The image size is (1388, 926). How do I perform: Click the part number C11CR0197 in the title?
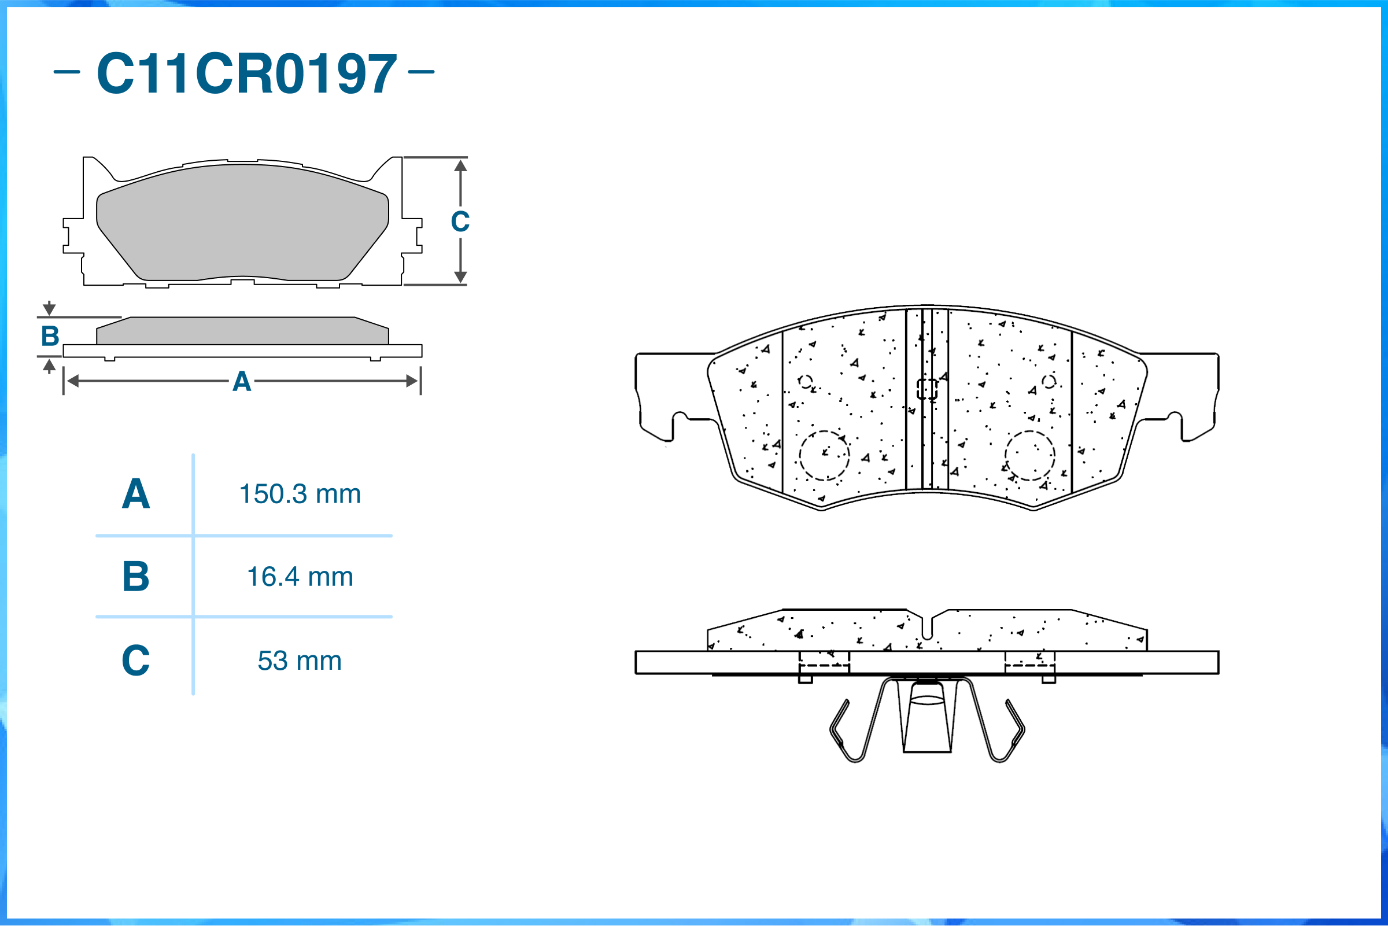(x=247, y=73)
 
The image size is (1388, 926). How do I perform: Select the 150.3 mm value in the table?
(x=300, y=494)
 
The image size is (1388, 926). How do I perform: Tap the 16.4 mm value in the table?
(x=300, y=577)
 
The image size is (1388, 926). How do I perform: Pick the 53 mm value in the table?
(x=300, y=661)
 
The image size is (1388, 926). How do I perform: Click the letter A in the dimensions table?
(x=136, y=494)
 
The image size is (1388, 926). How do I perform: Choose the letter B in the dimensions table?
(x=136, y=577)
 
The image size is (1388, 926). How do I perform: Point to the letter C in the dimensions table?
(x=136, y=661)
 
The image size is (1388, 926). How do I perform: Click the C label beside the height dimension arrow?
(x=460, y=222)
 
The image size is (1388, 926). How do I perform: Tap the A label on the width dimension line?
(x=242, y=382)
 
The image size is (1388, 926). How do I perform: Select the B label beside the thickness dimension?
(x=50, y=336)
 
